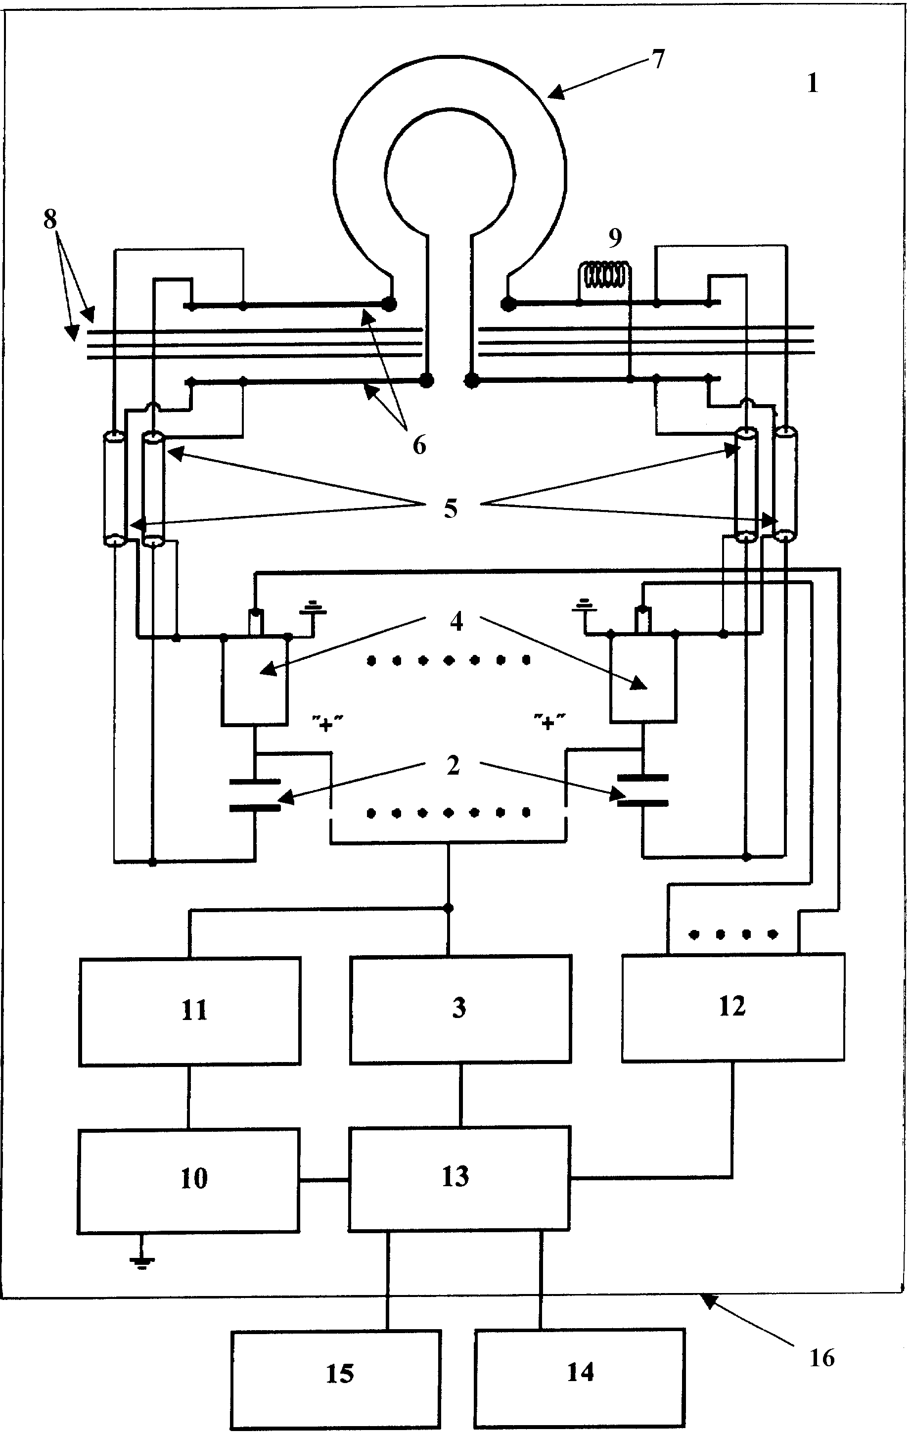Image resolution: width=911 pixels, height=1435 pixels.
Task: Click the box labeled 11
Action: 189,1011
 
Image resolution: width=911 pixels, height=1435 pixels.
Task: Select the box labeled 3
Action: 460,1009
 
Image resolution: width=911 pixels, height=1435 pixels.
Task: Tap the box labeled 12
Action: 732,1007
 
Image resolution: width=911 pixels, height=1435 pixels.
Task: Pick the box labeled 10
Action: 188,1180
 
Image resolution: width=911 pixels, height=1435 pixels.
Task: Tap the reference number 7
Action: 658,59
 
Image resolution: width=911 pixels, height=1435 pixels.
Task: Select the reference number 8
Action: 50,219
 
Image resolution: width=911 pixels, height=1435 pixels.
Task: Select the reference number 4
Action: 456,621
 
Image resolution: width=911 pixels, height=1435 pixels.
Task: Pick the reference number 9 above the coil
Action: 615,238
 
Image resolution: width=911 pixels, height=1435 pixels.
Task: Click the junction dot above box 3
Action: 449,908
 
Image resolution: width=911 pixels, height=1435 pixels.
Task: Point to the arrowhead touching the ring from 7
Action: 553,94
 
